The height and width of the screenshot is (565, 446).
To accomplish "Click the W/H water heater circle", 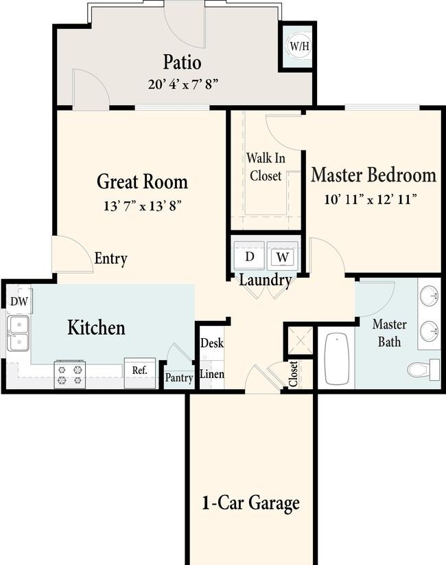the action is (x=300, y=46).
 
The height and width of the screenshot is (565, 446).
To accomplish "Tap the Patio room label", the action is (x=182, y=62).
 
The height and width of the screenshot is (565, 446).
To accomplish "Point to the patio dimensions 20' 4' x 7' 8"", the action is (x=183, y=85).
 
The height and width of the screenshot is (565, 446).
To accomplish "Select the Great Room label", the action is (x=143, y=181).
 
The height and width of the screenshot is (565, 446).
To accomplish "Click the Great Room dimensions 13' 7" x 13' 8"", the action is (x=142, y=206).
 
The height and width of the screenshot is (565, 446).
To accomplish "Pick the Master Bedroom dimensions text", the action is (x=371, y=199).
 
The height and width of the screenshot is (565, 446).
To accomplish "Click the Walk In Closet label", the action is (x=266, y=167).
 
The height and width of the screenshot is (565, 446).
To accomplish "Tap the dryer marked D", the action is (x=250, y=256).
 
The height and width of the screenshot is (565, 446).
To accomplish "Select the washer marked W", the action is (x=283, y=256).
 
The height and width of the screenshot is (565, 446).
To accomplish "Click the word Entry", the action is (x=110, y=258).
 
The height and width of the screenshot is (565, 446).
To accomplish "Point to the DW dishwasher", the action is (x=19, y=301).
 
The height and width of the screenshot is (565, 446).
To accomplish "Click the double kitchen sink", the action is (x=18, y=333).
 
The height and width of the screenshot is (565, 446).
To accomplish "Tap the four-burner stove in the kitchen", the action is (x=70, y=375).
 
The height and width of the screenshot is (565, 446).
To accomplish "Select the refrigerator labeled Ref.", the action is (x=140, y=373).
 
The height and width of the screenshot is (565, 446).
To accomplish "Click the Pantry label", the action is (x=179, y=378).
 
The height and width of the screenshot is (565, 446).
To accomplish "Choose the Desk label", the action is (x=212, y=343).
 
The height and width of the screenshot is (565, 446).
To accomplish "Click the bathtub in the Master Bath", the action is (x=337, y=359).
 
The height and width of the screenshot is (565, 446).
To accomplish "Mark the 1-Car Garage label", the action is (x=250, y=502).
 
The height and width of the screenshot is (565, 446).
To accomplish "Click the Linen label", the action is (x=212, y=374).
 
